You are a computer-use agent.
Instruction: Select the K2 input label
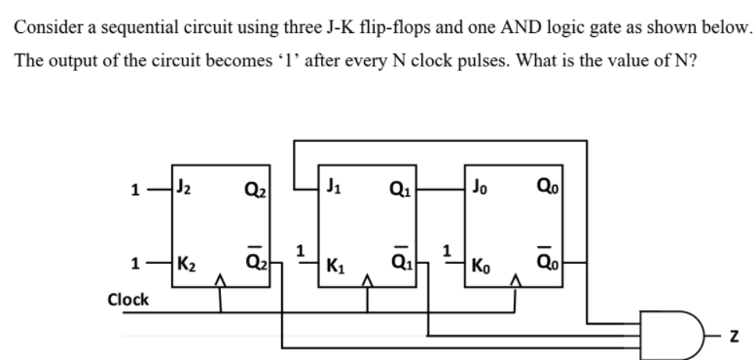(x=185, y=264)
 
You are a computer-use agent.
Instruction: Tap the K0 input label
(x=485, y=265)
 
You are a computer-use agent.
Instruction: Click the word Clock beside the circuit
(x=127, y=299)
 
